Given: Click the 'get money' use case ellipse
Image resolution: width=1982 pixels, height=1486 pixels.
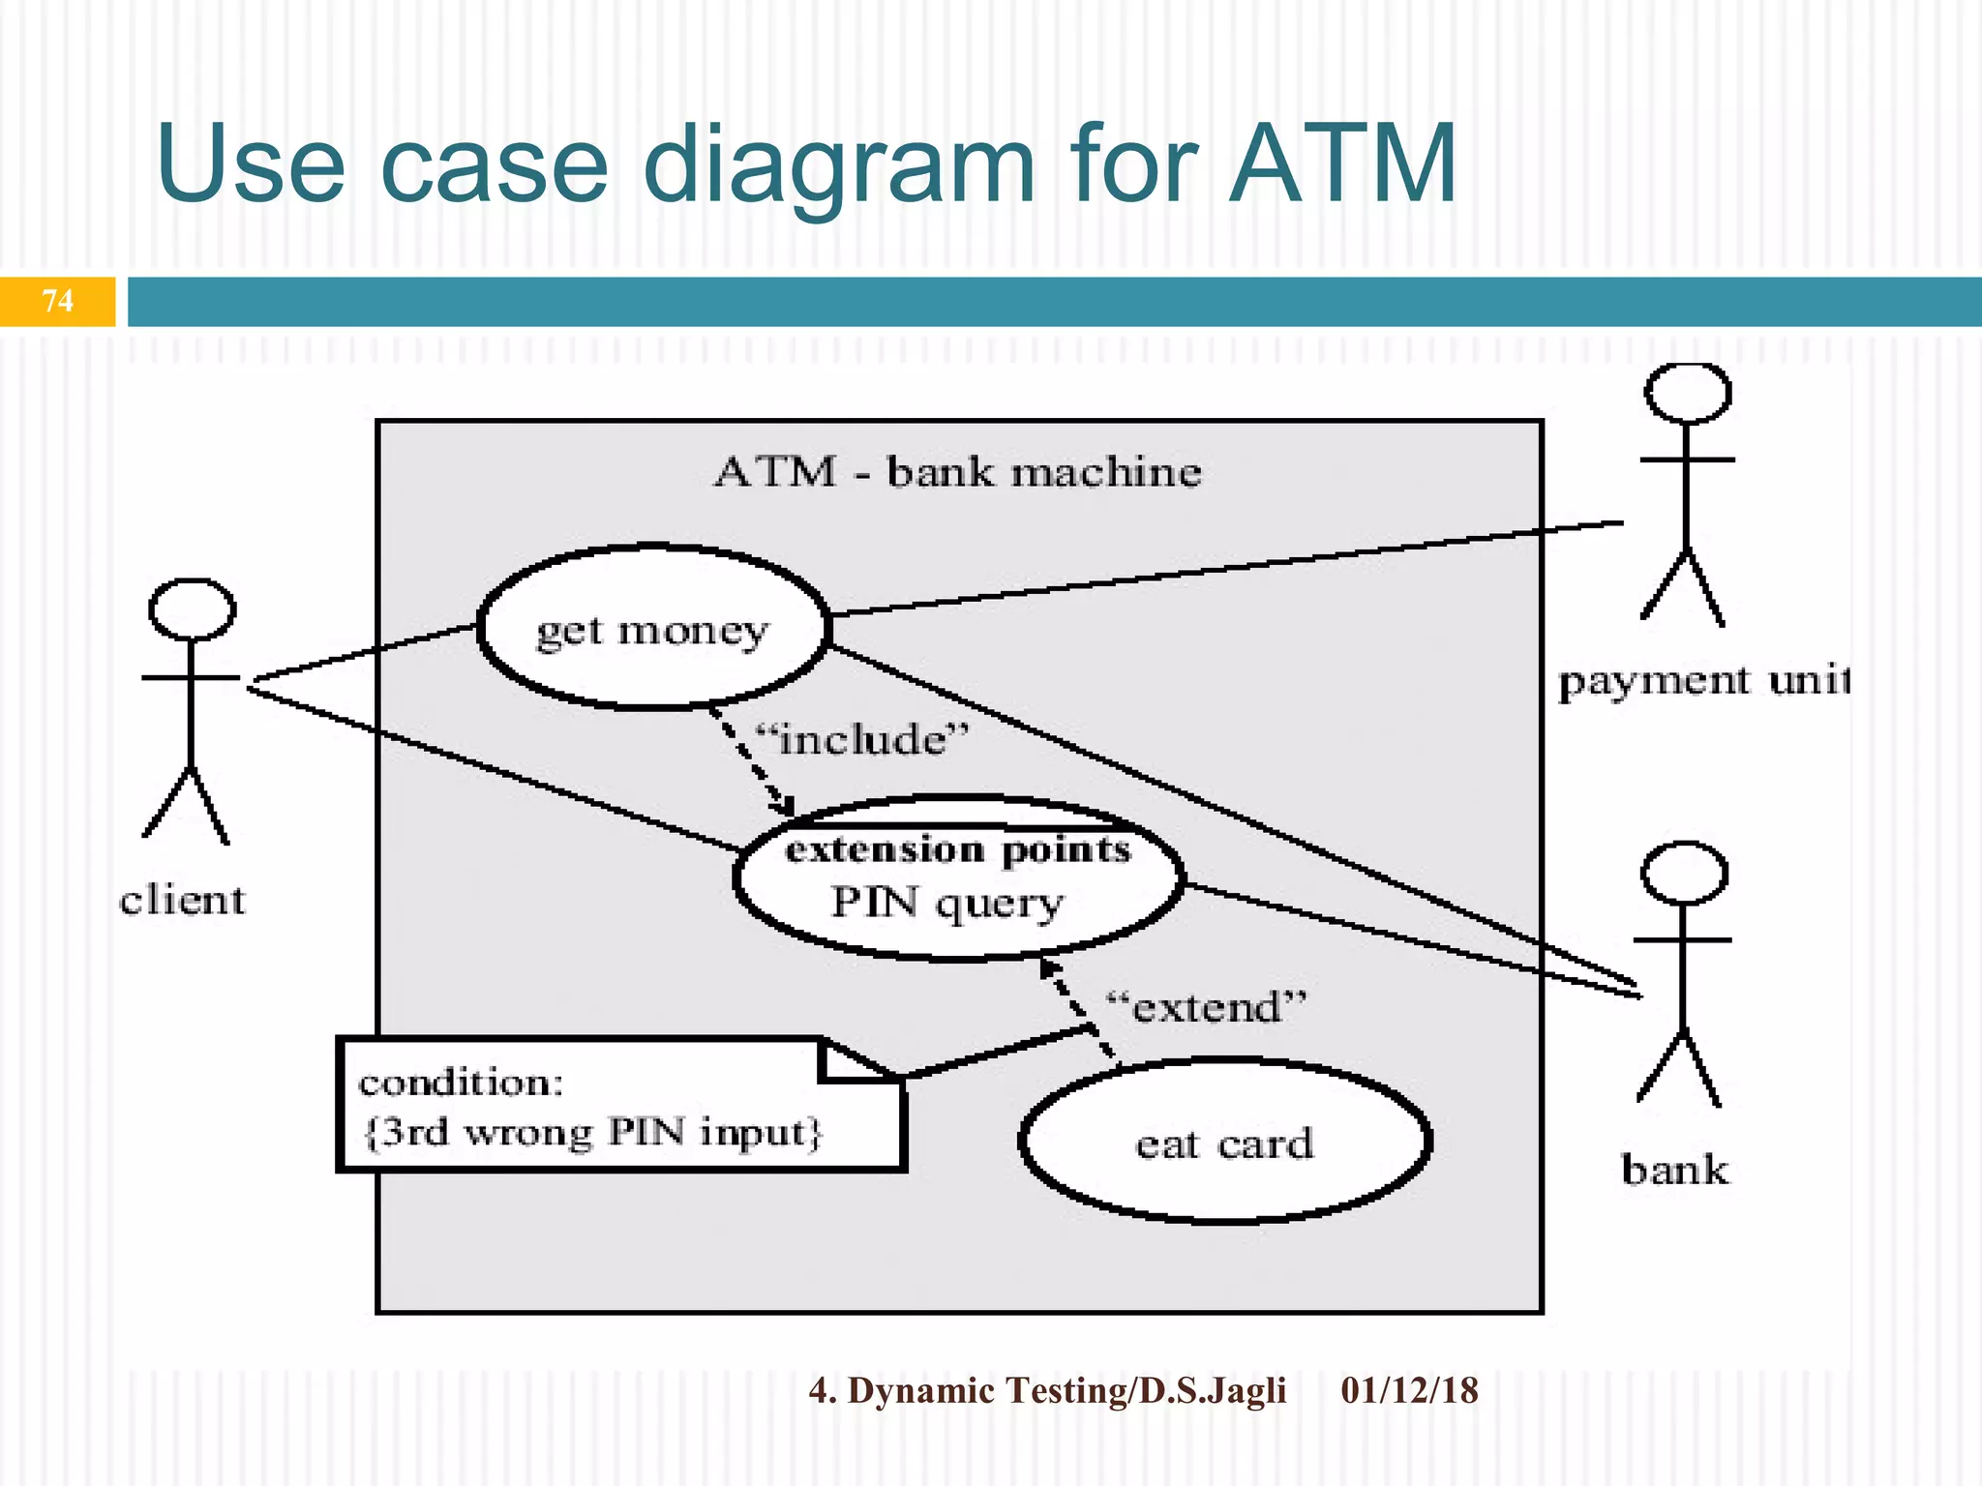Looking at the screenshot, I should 653,629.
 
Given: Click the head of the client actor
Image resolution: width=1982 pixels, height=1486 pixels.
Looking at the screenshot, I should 192,609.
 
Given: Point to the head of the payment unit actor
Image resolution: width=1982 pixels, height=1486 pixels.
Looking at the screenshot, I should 1688,393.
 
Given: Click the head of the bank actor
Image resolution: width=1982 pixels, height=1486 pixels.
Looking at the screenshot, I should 1684,873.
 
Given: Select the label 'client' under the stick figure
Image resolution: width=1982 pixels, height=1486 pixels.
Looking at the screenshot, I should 182,901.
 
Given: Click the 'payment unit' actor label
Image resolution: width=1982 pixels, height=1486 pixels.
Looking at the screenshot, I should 1703,681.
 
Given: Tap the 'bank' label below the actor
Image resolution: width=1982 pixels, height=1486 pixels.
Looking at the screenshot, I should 1674,1170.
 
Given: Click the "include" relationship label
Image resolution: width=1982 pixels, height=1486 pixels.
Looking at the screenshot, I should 861,740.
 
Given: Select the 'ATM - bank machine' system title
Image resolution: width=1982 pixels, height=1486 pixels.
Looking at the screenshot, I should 958,472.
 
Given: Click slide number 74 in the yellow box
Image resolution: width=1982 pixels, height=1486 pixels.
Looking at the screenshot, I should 58,301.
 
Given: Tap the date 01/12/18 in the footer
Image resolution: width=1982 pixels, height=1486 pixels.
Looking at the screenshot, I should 1409,1390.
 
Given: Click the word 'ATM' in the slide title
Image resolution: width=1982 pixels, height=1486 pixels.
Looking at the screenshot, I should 1343,164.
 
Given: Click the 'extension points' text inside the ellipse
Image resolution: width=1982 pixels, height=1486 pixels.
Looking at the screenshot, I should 957,849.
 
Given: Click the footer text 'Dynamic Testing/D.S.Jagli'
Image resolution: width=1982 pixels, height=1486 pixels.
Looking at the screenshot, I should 1065,1390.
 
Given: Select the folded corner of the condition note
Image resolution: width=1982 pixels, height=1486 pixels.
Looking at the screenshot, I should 856,1059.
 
